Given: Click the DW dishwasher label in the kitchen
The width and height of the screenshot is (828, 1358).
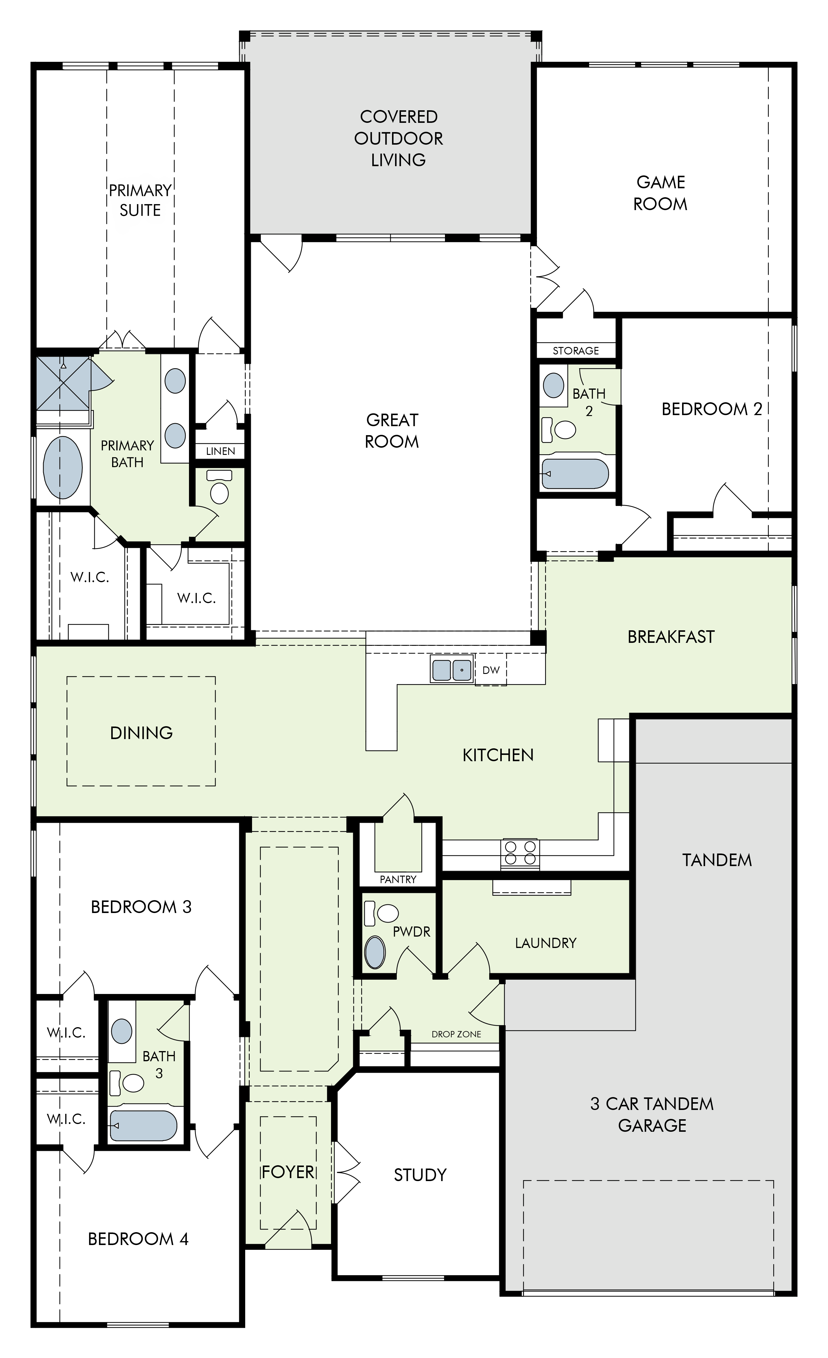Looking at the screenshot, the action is pos(491,670).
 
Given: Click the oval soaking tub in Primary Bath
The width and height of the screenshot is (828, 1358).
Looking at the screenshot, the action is pos(63,467).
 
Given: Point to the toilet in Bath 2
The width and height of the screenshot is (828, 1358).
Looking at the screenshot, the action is pos(559,430).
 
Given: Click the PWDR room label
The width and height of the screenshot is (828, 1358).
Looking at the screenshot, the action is pos(411,932).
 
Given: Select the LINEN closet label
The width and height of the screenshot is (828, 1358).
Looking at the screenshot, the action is pos(220,451).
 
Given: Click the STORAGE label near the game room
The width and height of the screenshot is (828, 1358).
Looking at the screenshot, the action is pos(576,351).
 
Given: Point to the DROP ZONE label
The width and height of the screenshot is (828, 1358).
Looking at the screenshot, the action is pos(456,1034).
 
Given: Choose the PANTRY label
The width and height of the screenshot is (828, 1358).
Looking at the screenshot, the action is pos(398,880).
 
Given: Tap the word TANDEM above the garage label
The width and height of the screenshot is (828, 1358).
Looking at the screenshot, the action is pos(717,860).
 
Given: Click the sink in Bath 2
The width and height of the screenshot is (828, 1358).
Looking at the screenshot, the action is pos(553,385).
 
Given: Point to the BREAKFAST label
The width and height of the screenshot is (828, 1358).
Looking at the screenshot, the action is pos(671,637).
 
